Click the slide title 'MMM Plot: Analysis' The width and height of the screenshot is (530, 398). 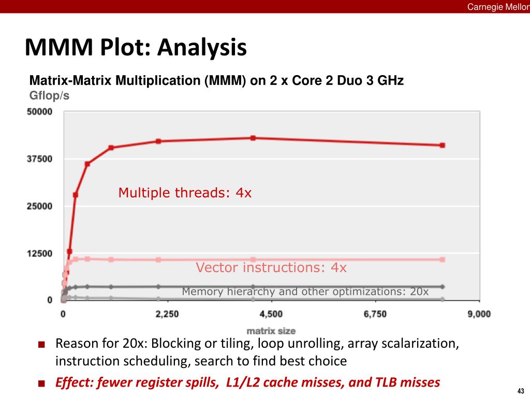click(136, 48)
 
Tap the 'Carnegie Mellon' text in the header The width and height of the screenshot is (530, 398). click(498, 6)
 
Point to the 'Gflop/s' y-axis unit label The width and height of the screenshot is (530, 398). click(50, 95)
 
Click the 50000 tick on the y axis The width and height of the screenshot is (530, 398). click(39, 111)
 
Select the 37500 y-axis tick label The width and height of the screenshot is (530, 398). click(39, 159)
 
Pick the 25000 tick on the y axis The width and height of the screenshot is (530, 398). click(39, 206)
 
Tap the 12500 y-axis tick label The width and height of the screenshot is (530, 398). click(39, 253)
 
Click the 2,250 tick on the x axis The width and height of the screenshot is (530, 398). click(167, 314)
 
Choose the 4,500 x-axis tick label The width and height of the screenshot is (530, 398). click(271, 314)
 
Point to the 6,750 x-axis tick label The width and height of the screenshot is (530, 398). click(375, 314)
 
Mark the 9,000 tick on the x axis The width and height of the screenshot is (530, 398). click(479, 314)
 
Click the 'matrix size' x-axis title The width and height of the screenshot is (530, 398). click(271, 330)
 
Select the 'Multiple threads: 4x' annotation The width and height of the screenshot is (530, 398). click(185, 193)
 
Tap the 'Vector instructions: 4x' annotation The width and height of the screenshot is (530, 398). click(271, 267)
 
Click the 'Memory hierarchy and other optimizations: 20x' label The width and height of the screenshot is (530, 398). click(305, 292)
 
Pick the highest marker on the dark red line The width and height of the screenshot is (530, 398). click(253, 138)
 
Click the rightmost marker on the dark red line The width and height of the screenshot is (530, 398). click(443, 146)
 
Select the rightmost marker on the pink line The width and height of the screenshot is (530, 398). click(443, 259)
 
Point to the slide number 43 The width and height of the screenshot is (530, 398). click(520, 390)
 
